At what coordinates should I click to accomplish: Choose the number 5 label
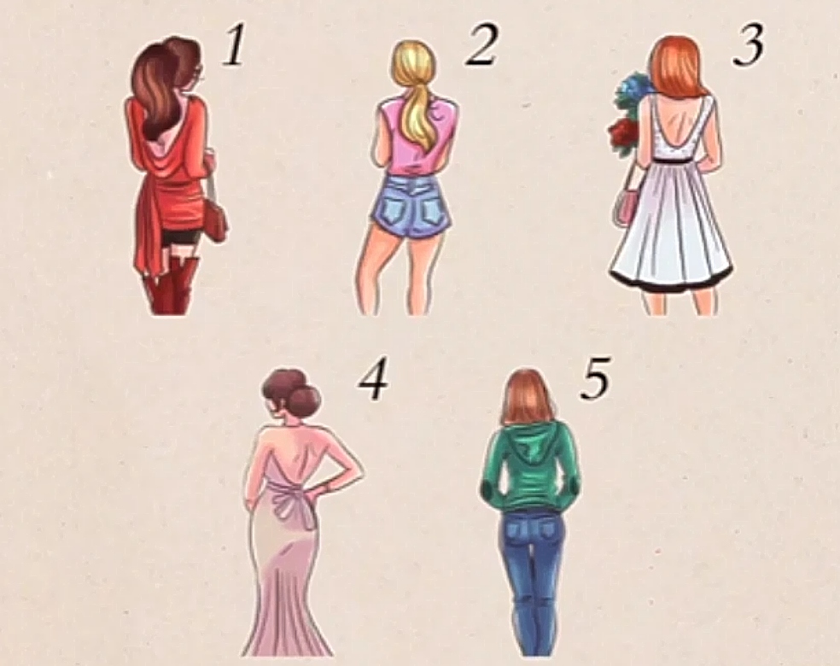595,381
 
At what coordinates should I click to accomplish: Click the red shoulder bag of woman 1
215,221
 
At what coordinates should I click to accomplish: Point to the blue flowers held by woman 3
633,92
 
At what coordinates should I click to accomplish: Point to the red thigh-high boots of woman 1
170,287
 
